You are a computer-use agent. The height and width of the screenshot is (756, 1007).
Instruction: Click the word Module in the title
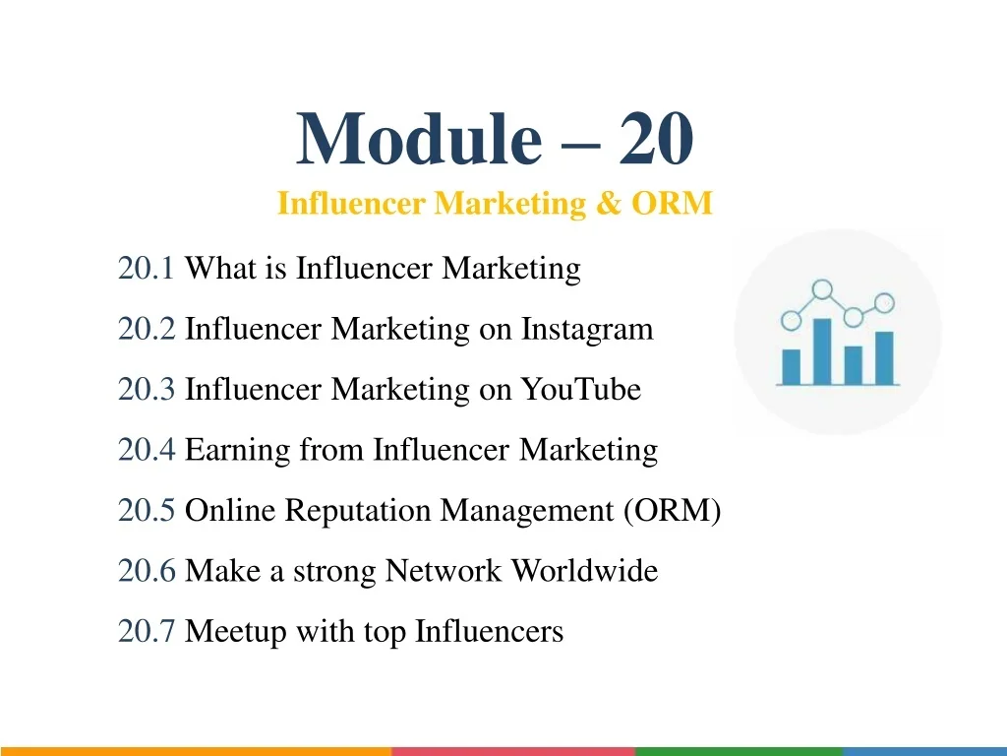click(419, 139)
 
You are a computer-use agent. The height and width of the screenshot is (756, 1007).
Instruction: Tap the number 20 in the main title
click(656, 139)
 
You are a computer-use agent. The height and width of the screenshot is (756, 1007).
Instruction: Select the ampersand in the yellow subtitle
click(608, 203)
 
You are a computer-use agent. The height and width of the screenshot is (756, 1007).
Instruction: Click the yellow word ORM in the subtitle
click(672, 203)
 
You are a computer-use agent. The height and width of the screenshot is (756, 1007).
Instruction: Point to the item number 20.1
click(146, 268)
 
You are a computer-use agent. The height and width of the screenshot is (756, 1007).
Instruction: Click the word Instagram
click(587, 329)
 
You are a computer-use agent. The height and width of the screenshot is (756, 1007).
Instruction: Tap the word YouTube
click(580, 389)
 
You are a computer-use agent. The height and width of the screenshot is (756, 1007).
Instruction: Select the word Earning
click(238, 450)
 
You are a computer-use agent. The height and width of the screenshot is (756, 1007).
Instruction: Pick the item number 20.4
click(147, 449)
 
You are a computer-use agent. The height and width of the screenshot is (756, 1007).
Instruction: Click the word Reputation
click(358, 511)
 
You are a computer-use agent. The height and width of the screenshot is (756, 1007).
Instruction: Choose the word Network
click(443, 571)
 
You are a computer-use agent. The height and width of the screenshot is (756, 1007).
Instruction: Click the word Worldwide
click(584, 571)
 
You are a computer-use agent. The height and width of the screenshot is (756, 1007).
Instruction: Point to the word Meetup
click(236, 632)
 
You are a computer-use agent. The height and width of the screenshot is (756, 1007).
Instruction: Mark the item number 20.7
click(147, 631)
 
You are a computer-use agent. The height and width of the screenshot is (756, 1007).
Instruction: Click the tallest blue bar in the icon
click(822, 351)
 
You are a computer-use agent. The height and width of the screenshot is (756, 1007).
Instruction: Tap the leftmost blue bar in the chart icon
click(792, 367)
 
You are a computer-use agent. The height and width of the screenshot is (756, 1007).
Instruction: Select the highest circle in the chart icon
click(822, 290)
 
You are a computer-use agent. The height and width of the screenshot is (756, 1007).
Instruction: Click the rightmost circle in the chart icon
click(884, 303)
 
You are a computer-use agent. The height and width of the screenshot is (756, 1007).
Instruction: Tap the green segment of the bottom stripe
click(739, 751)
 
